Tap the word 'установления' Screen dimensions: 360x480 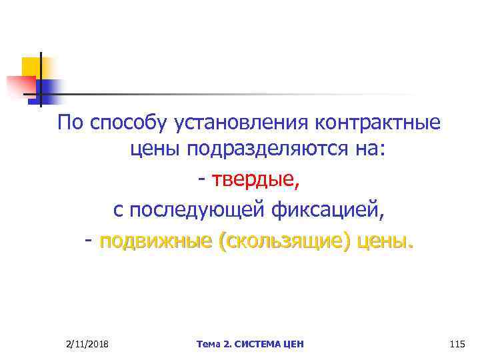point(224,124)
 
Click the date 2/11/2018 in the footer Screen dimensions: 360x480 point(88,344)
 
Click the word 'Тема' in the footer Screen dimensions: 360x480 point(209,344)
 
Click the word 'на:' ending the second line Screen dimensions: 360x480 point(369,153)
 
